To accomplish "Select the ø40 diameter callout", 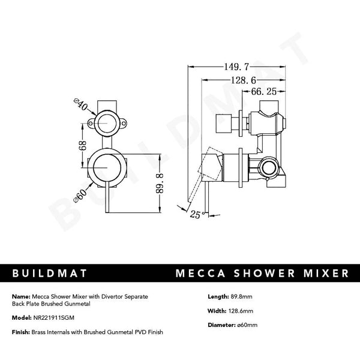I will (x=80, y=109).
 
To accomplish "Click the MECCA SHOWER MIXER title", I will (x=261, y=274).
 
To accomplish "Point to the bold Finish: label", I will (x=21, y=331).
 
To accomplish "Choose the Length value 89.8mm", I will (x=241, y=296).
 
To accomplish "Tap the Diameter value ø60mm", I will (x=245, y=325).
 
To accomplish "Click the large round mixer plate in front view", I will (x=108, y=169).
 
